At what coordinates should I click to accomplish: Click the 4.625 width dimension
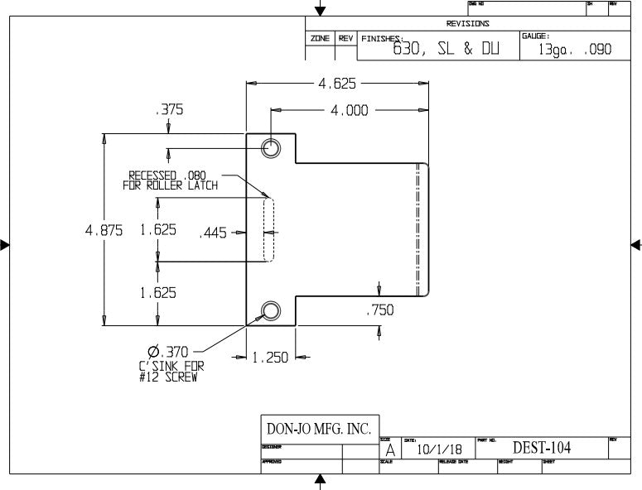pos(337,83)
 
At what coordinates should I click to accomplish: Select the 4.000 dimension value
pos(350,111)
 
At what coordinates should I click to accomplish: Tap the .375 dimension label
pos(169,109)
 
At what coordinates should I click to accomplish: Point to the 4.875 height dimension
pos(104,231)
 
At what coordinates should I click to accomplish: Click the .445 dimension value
pos(213,233)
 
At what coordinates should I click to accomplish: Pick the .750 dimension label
pos(379,310)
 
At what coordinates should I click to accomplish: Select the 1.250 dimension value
pos(270,358)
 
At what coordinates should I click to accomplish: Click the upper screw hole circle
pos(271,148)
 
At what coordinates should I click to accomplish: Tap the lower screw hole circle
pos(271,311)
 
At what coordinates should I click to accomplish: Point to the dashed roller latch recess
pos(268,228)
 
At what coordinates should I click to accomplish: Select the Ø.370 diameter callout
pos(170,352)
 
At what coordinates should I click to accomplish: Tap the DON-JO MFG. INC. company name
pos(318,429)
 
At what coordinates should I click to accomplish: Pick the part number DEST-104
pos(542,448)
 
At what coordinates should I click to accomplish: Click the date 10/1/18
pos(433,450)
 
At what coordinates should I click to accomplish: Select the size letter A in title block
pos(390,451)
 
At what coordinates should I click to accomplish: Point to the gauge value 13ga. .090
pos(574,50)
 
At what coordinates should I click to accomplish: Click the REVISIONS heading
pos(467,23)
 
